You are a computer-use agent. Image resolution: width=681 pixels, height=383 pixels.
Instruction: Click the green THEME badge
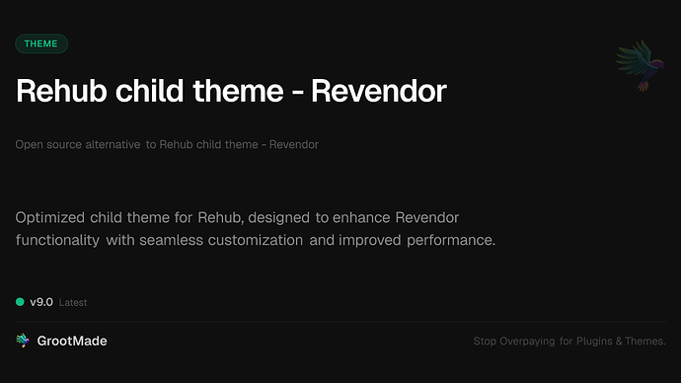coord(41,43)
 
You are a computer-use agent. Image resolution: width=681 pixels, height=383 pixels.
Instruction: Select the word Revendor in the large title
coord(379,92)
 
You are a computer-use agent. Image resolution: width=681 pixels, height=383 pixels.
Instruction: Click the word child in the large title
coord(149,92)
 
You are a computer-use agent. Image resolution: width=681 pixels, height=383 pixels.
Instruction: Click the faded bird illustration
coord(638,66)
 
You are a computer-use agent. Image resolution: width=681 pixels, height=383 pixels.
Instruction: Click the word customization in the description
coord(260,240)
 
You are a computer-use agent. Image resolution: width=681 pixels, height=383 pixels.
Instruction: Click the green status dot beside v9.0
coord(20,302)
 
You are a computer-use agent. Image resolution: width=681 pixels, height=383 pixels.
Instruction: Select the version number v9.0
coord(41,302)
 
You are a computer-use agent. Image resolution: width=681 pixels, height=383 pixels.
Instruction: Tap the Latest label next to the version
coord(73,303)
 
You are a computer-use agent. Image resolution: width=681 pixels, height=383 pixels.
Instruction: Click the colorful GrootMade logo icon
coord(23,341)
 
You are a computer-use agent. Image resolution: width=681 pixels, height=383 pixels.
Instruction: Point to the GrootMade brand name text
coord(73,341)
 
